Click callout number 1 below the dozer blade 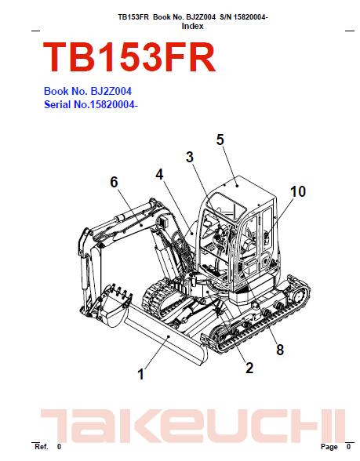(x=141, y=374)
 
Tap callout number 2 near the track (x=249, y=368)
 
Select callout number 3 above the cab (x=190, y=157)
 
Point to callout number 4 (x=159, y=175)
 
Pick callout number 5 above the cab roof (x=220, y=140)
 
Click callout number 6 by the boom (x=114, y=182)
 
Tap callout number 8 (x=280, y=350)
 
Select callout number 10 (x=298, y=191)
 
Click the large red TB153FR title (x=129, y=57)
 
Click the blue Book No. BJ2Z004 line (x=88, y=91)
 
